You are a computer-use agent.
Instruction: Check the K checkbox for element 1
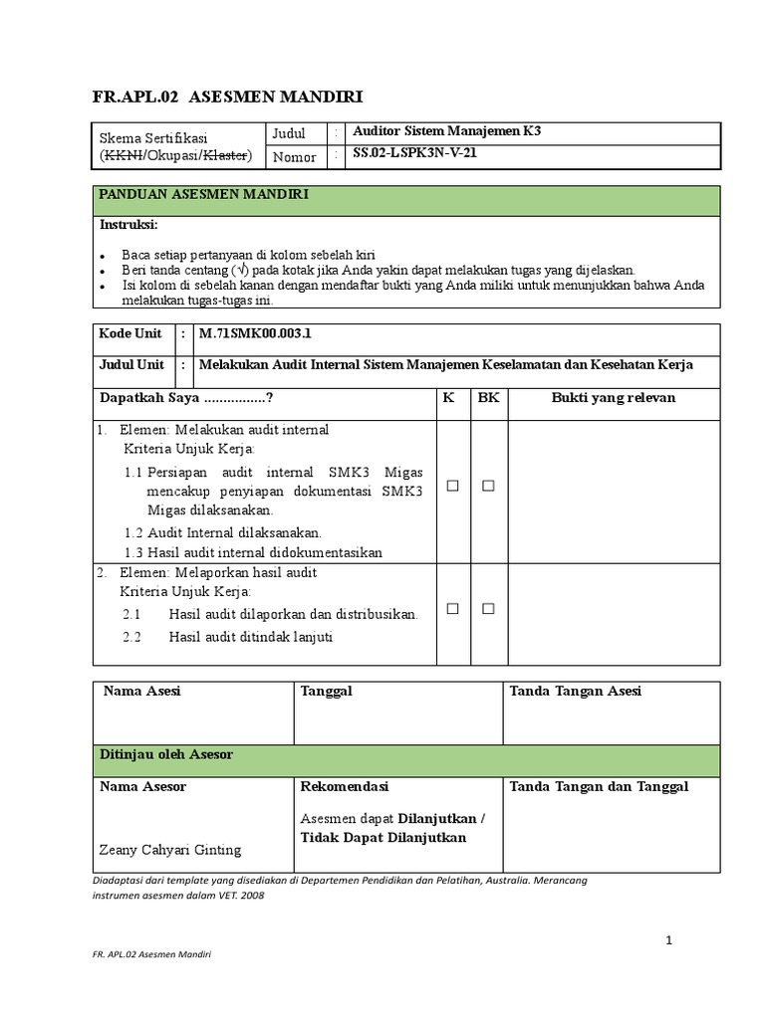(x=452, y=486)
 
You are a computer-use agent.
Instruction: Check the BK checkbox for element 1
(x=488, y=486)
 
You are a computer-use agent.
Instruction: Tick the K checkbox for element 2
(x=452, y=609)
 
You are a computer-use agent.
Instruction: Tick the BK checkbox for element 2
(x=488, y=609)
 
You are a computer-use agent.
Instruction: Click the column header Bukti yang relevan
(x=614, y=398)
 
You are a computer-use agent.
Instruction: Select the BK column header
(x=488, y=398)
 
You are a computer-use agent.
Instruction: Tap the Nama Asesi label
(x=142, y=692)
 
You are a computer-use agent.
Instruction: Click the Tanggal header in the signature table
(x=326, y=692)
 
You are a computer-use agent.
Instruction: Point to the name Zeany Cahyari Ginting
(x=170, y=850)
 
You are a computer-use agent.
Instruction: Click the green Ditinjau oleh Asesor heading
(x=166, y=755)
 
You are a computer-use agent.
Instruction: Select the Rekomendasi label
(x=344, y=787)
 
